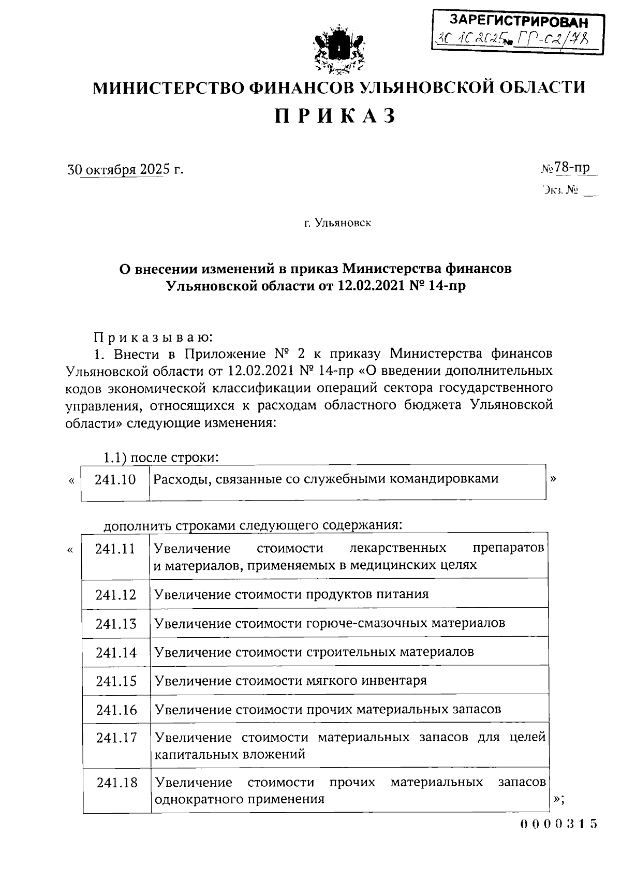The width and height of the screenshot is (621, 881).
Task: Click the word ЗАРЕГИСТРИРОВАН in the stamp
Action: pos(519,22)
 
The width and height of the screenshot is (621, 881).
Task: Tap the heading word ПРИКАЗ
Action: pos(335,115)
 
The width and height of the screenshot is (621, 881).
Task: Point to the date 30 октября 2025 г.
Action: pos(125,169)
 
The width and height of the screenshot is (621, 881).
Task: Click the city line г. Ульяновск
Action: pos(337,223)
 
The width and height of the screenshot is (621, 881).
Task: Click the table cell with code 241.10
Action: pos(115,479)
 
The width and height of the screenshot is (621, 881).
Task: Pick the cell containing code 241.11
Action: pos(115,549)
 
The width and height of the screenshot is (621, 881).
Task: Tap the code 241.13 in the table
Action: pos(116,624)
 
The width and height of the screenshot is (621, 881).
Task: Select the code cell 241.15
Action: pos(116,681)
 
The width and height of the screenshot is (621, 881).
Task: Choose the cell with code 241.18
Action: pos(117,783)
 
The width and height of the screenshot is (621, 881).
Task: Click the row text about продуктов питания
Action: pos(291,594)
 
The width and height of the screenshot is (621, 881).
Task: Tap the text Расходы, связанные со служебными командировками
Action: pos(326,479)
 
